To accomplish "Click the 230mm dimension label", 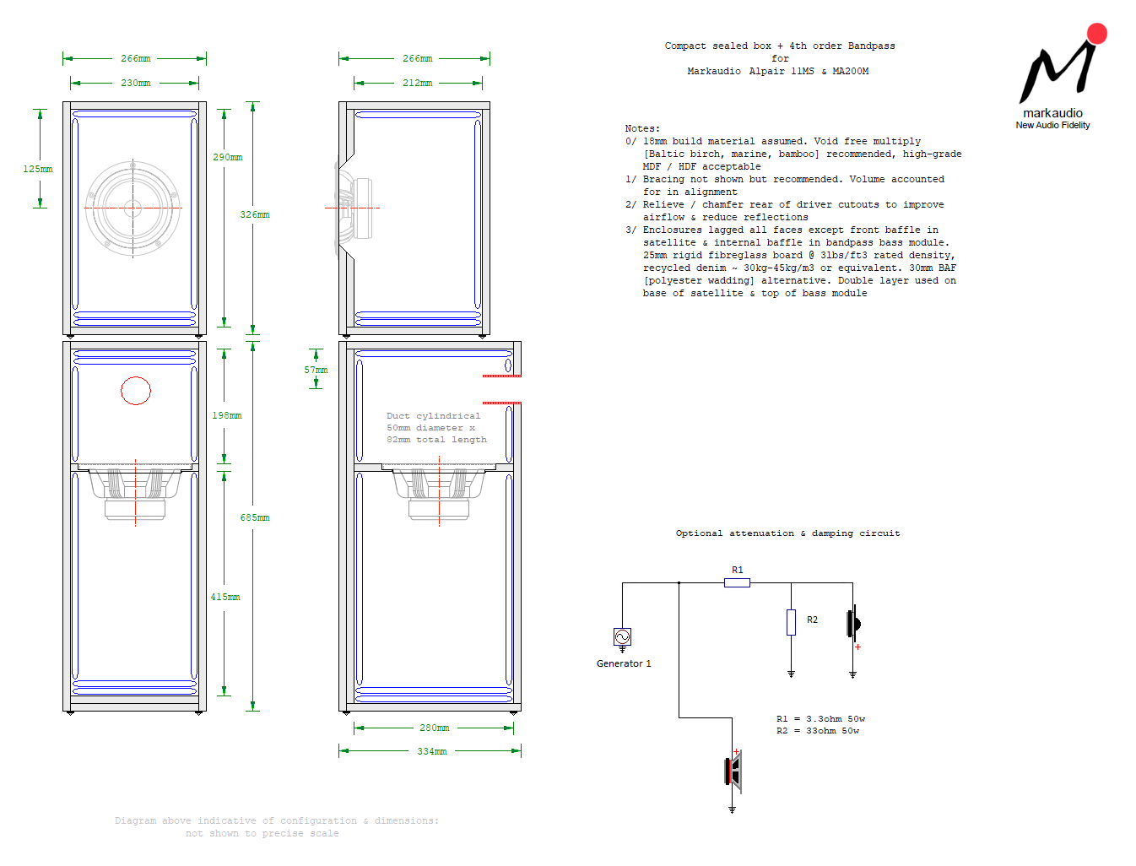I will pos(135,84).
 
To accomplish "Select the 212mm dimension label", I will pos(417,84).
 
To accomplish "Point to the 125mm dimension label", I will pos(38,169).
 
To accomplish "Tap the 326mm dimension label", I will pos(254,214).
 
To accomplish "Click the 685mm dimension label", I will pos(254,517).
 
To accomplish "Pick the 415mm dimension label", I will pos(225,597).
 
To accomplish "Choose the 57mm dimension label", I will pos(316,370).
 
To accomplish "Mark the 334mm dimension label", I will pos(431,751).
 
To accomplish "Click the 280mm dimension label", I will pos(434,728).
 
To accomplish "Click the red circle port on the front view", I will pos(136,391).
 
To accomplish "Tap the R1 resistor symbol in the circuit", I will pos(737,582).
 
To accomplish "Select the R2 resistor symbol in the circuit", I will pos(791,622).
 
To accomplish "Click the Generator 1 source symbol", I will pos(622,636).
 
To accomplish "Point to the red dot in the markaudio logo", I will pos(1096,34).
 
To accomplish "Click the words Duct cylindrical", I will pos(433,416).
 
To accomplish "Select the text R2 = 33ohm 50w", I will pos(817,731).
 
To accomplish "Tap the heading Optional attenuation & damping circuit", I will pos(787,533).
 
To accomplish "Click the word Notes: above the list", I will pos(642,128).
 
